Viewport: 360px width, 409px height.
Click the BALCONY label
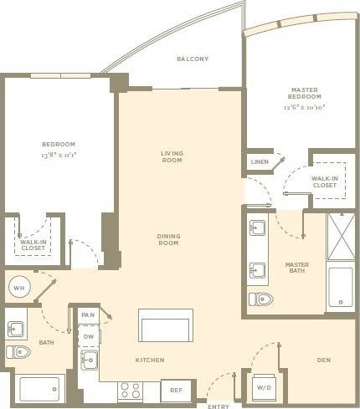[193, 59]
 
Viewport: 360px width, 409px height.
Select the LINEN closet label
[259, 161]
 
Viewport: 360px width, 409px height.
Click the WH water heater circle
[18, 288]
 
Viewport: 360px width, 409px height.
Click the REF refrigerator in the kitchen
[177, 390]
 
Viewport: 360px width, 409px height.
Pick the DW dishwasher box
[89, 337]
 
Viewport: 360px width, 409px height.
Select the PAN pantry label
[89, 314]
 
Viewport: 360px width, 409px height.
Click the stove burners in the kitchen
[130, 390]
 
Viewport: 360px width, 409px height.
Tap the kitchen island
[166, 325]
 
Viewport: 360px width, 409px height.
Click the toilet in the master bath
[260, 299]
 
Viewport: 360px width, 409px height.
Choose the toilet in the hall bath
[18, 351]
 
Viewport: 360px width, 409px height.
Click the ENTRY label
[219, 406]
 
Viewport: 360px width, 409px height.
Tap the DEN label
[324, 360]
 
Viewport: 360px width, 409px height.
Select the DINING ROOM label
[169, 239]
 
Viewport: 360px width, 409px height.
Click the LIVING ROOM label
[172, 156]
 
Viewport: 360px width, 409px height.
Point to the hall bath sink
[17, 328]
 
